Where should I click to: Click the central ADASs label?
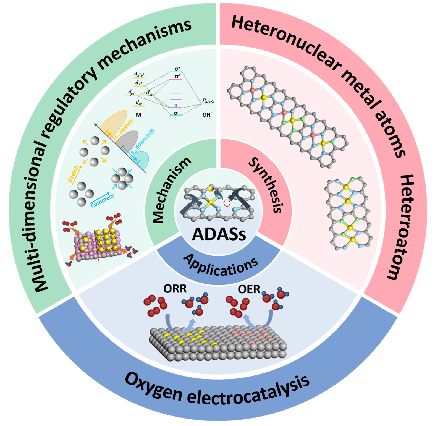coord(219,234)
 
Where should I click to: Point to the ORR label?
coord(175,289)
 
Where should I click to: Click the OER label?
coord(249,289)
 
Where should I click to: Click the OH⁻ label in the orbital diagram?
coord(208,114)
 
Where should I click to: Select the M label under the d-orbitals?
coord(138,115)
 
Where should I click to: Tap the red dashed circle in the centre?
coord(227,203)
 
